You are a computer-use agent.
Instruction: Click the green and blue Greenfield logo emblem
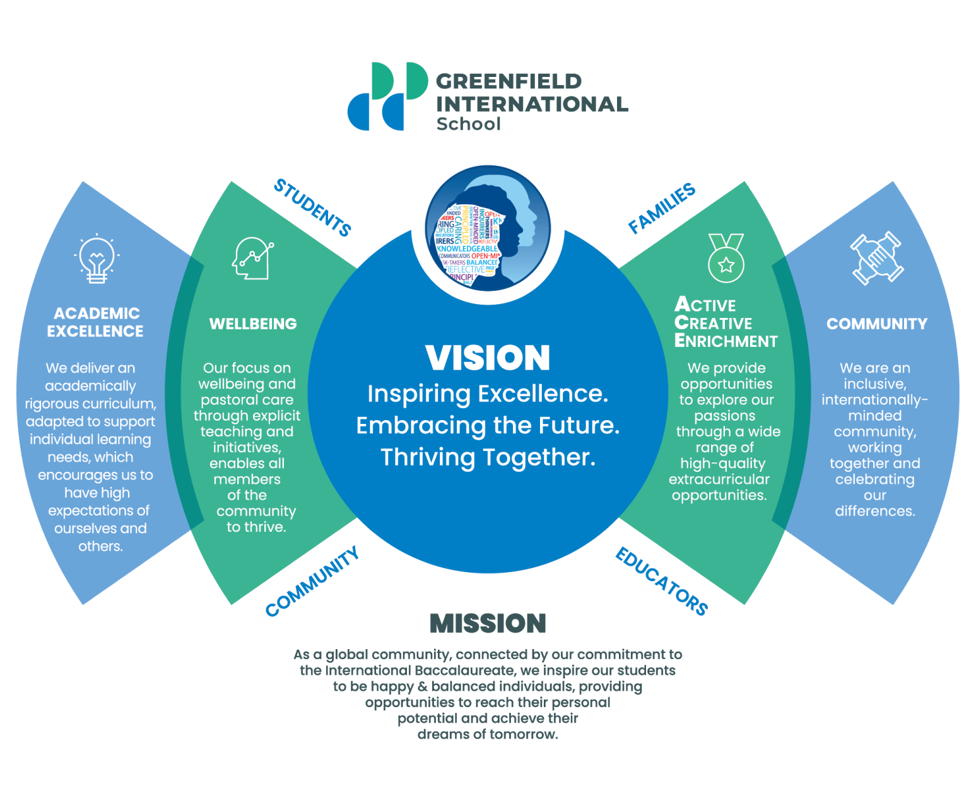coord(387,96)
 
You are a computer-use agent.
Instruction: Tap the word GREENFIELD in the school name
coord(509,81)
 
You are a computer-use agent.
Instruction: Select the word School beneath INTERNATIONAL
coord(468,124)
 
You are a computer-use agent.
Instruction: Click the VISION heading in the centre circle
coord(488,358)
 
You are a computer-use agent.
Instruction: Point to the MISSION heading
coord(488,623)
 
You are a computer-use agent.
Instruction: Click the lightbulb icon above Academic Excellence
coord(97,259)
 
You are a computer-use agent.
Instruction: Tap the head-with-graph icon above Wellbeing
coord(252,258)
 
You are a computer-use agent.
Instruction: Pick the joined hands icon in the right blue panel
coord(876,258)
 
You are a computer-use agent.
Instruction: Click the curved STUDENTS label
coord(312,208)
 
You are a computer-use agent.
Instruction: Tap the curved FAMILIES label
coord(662,208)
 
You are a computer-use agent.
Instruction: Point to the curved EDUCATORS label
coord(661,581)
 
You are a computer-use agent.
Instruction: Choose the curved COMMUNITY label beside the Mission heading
coord(312,581)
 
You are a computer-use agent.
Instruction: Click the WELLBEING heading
coord(253,324)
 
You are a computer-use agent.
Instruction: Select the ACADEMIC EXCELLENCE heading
coord(95,322)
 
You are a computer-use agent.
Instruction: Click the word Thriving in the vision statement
coord(427,457)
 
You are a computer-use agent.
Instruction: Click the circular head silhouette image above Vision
coord(488,229)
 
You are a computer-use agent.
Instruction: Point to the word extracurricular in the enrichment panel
coord(719,479)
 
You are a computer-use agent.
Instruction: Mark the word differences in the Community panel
coord(875,511)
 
